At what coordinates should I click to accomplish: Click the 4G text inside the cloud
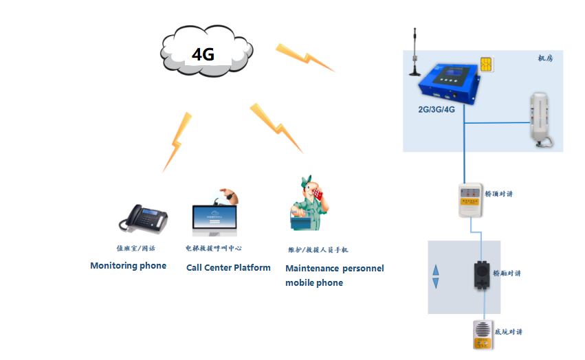(203, 54)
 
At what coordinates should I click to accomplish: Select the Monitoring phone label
(128, 266)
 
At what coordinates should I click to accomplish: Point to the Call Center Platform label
(228, 267)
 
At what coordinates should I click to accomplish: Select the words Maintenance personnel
(335, 268)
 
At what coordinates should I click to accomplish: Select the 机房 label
(545, 59)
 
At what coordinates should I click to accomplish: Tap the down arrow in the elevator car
(434, 284)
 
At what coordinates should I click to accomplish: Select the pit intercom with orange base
(481, 334)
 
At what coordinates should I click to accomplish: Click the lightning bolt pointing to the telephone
(175, 141)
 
